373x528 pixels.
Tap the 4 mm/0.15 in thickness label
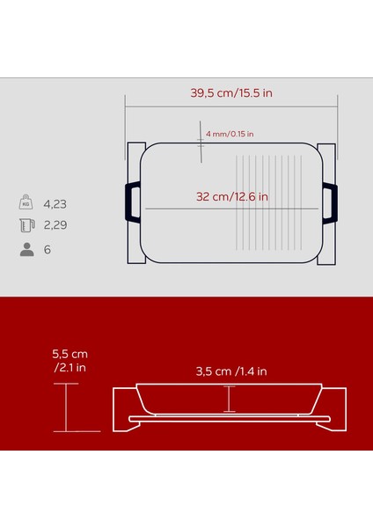[230, 135]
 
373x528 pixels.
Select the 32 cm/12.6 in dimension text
[233, 195]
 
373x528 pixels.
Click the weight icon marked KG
[26, 203]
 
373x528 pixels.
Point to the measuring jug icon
[26, 226]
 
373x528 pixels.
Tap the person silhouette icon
[26, 250]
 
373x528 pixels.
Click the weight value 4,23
[55, 204]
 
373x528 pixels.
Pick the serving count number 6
[48, 250]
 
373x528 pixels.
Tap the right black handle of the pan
[330, 201]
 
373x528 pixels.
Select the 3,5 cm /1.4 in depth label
[231, 371]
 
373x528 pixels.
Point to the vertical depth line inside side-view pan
[230, 400]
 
